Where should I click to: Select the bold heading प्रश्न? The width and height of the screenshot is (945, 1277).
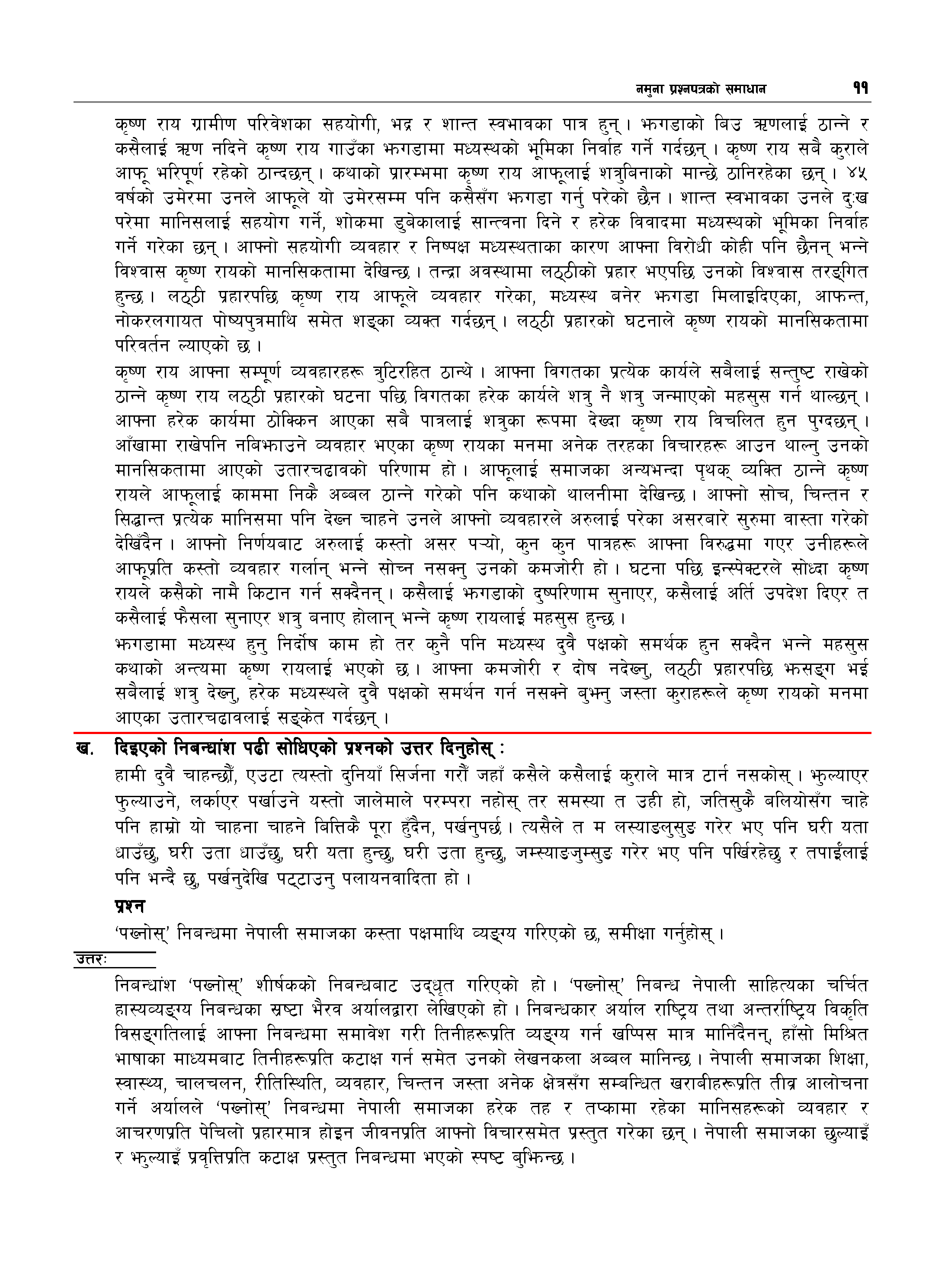(x=130, y=906)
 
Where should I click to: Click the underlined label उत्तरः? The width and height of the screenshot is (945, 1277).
(x=92, y=960)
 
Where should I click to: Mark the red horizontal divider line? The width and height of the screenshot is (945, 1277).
(x=472, y=732)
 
